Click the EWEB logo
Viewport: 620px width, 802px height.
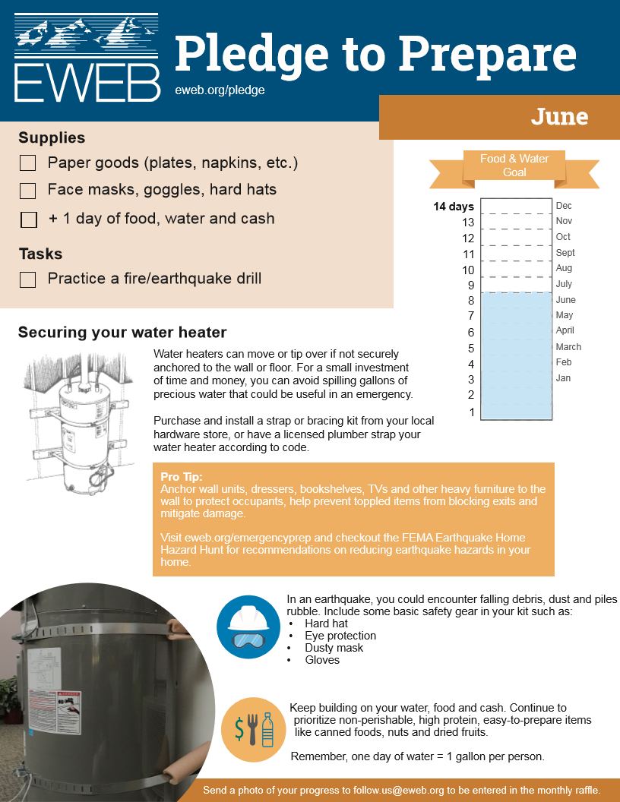point(87,58)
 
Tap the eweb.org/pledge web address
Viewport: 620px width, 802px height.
point(220,90)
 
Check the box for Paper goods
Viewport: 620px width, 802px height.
point(28,163)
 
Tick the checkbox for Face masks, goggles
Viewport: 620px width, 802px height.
point(28,191)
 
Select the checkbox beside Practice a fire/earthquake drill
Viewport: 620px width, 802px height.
point(28,279)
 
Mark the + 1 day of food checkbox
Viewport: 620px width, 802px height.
point(29,219)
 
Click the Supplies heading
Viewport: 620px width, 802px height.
point(52,137)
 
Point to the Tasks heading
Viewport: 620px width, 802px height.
point(40,254)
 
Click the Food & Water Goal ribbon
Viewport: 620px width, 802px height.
point(514,166)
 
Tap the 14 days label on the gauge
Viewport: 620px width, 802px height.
point(454,207)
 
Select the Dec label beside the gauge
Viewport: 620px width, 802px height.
point(564,206)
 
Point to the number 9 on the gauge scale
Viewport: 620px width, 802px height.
point(471,286)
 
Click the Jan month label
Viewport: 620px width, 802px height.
point(563,378)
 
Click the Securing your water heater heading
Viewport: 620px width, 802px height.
point(122,333)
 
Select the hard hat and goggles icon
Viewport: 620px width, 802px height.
point(249,627)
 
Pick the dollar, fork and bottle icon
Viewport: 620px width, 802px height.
point(253,729)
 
